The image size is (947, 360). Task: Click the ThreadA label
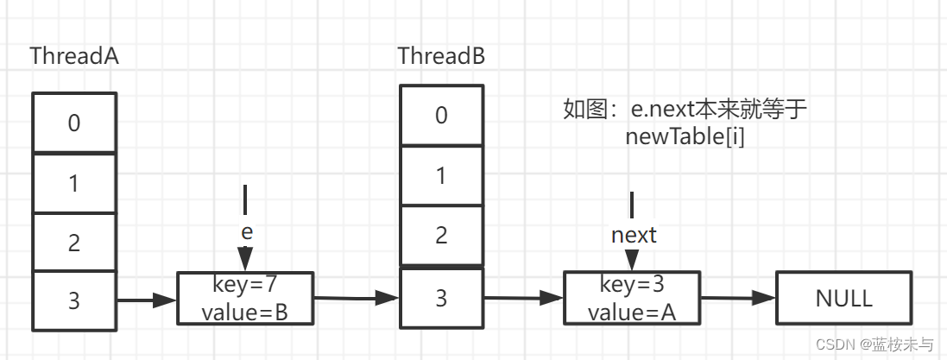74,56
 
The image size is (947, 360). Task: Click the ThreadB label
441,56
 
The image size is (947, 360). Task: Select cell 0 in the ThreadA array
74,123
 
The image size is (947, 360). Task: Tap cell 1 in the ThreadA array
74,183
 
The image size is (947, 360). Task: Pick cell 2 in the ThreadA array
74,242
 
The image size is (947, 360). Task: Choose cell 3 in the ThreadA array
74,300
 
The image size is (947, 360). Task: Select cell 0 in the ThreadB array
441,115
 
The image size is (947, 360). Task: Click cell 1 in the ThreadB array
441,176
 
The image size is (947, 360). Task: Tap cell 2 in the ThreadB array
441,235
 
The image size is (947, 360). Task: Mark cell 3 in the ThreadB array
441,299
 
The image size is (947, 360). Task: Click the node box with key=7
245,298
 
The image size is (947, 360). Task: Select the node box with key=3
631,298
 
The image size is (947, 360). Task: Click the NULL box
843,299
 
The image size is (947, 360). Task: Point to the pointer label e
246,233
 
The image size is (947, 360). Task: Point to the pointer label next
634,234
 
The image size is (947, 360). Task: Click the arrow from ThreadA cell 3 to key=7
147,300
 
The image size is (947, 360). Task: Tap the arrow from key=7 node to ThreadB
356,300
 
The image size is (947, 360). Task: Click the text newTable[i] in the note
685,136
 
